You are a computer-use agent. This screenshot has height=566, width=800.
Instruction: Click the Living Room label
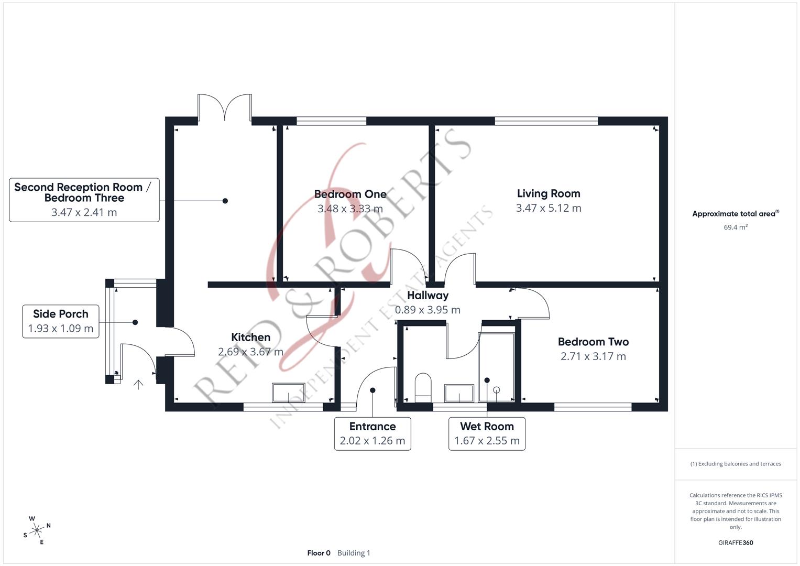point(548,193)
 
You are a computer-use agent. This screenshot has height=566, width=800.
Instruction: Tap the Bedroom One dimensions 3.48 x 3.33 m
point(350,209)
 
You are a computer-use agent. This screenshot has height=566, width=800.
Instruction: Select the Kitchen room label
point(250,338)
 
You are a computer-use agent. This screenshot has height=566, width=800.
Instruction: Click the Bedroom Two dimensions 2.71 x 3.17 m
point(593,356)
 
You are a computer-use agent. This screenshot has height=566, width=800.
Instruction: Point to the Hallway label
point(428,296)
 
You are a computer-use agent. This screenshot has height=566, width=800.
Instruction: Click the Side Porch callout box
point(61,321)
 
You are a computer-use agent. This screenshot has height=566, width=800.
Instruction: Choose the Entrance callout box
point(372,433)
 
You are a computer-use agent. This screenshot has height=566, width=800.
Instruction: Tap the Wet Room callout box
point(487,433)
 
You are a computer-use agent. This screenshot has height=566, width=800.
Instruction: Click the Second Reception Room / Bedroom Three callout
point(84,200)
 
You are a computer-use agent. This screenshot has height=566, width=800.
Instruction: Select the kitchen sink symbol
point(288,393)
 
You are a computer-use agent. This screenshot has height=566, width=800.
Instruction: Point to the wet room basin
point(459,393)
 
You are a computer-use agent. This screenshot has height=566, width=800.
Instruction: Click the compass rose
point(37,530)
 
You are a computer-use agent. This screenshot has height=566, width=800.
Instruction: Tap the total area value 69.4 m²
point(736,227)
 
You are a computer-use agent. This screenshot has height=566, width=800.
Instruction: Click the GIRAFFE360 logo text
point(736,542)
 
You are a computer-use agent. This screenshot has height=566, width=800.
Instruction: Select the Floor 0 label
point(319,553)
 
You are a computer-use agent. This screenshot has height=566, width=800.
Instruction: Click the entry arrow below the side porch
point(138,385)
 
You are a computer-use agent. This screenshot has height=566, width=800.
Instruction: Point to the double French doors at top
point(225,108)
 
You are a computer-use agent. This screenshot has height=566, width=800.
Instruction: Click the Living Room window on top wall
point(546,121)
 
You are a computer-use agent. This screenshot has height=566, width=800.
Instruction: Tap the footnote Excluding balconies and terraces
point(736,464)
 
